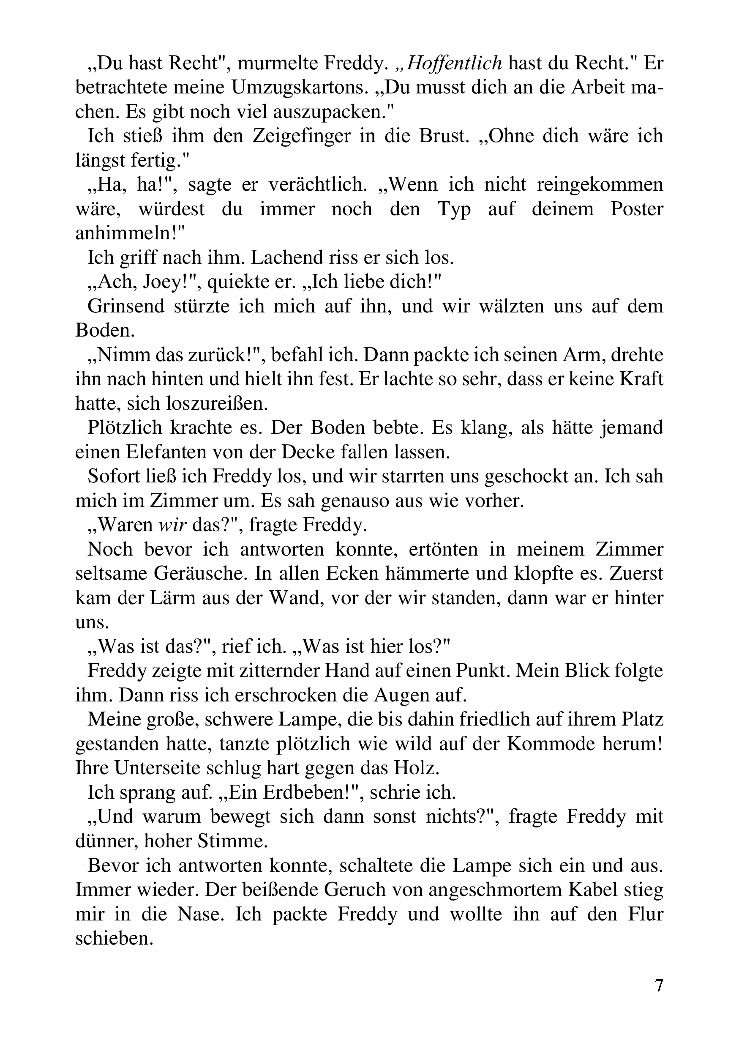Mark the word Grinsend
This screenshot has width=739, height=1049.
[125, 306]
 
